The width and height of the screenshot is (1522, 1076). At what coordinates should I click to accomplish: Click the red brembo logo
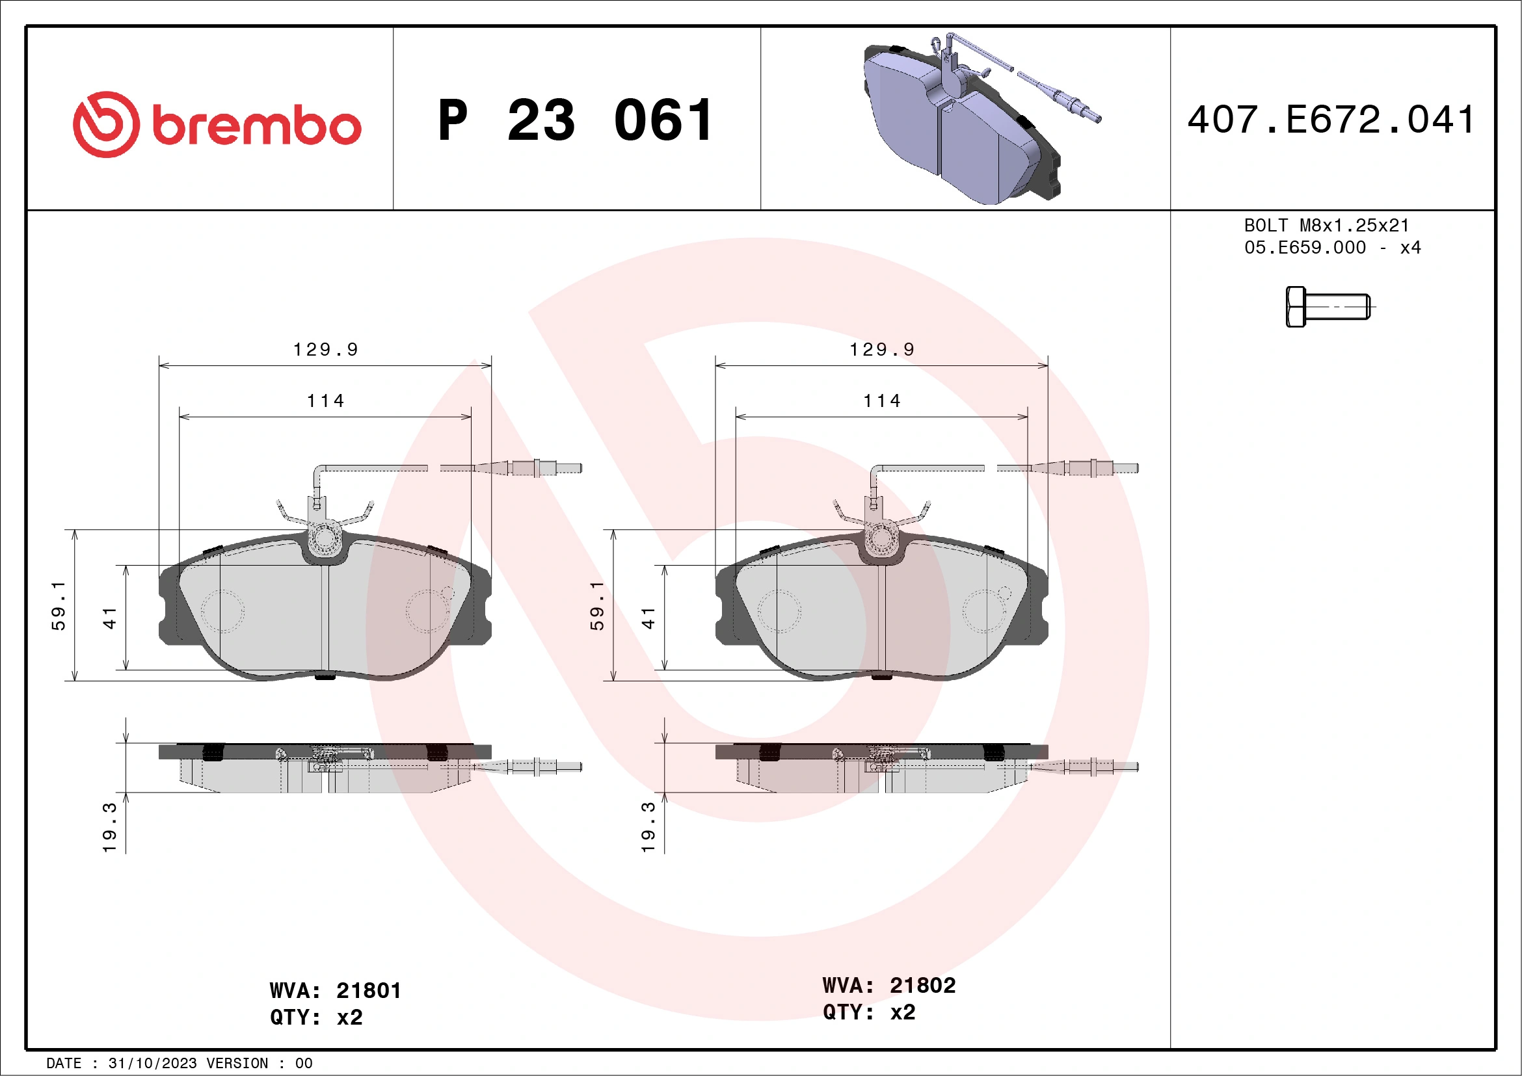217,125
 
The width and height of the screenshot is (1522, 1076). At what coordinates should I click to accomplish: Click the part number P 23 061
576,120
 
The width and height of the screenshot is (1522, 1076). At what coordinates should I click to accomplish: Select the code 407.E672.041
1331,120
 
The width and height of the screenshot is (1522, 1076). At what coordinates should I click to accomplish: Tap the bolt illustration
1328,307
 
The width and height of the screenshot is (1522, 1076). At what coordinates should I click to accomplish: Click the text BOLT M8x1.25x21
1326,225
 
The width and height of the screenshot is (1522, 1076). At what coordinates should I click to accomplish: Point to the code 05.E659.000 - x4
1332,248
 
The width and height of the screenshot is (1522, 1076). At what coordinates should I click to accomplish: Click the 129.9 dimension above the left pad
325,349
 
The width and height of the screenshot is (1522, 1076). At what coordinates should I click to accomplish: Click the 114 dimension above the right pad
881,401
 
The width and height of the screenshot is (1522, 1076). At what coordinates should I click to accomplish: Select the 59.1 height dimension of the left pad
59,605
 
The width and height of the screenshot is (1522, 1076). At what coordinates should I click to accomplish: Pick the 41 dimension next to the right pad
648,618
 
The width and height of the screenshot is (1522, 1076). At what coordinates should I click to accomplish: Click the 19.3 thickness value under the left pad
109,828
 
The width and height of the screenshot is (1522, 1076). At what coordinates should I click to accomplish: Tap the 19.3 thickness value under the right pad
648,828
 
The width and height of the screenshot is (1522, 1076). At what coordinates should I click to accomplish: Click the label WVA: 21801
336,991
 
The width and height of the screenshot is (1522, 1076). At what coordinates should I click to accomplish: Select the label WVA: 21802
888,985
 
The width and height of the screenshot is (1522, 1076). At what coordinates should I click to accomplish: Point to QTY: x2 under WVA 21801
316,1017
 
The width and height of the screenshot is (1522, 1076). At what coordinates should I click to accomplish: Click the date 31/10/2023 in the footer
152,1064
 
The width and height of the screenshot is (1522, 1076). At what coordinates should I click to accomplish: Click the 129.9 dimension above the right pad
881,349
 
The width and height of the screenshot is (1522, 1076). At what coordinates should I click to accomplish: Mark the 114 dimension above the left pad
325,401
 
